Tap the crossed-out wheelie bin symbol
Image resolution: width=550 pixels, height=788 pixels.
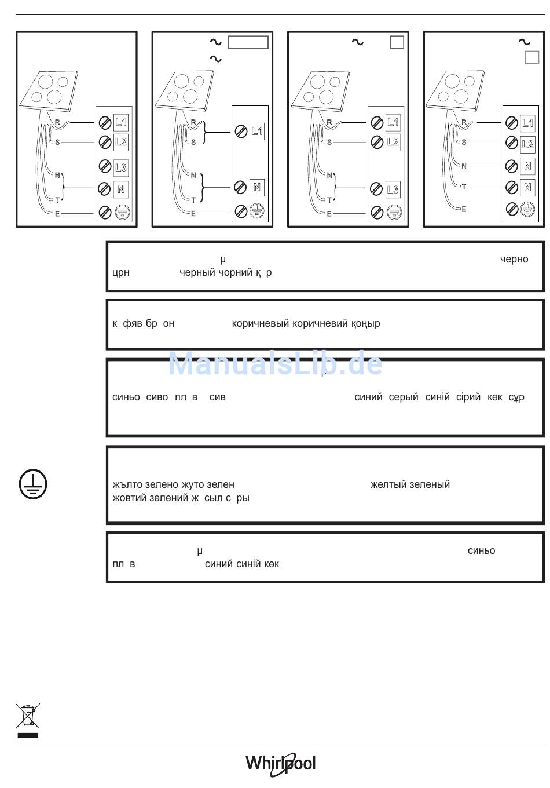[x=28, y=716]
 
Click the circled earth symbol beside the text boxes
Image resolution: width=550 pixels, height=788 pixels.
[x=33, y=484]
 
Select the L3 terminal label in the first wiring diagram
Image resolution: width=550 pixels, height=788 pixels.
[x=120, y=167]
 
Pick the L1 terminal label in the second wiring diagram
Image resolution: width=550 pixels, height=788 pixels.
[x=257, y=131]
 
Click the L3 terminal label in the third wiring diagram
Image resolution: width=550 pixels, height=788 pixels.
[x=393, y=189]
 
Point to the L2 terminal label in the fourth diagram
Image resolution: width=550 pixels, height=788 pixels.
[x=527, y=144]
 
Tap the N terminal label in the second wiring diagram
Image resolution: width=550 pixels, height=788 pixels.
[x=257, y=188]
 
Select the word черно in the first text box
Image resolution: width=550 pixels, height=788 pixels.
[x=514, y=259]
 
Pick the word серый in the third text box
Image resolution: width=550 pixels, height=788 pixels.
[x=404, y=397]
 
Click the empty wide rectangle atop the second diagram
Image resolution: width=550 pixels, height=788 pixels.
[x=248, y=42]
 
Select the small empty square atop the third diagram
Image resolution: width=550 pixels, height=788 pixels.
[x=397, y=42]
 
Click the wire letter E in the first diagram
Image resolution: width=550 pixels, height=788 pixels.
[x=57, y=214]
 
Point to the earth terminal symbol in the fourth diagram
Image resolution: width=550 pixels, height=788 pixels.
[x=527, y=209]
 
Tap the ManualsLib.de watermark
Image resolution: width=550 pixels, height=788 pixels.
[x=275, y=364]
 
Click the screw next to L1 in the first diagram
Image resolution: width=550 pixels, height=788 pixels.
[x=105, y=122]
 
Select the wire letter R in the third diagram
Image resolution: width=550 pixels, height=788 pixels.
[x=329, y=122]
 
